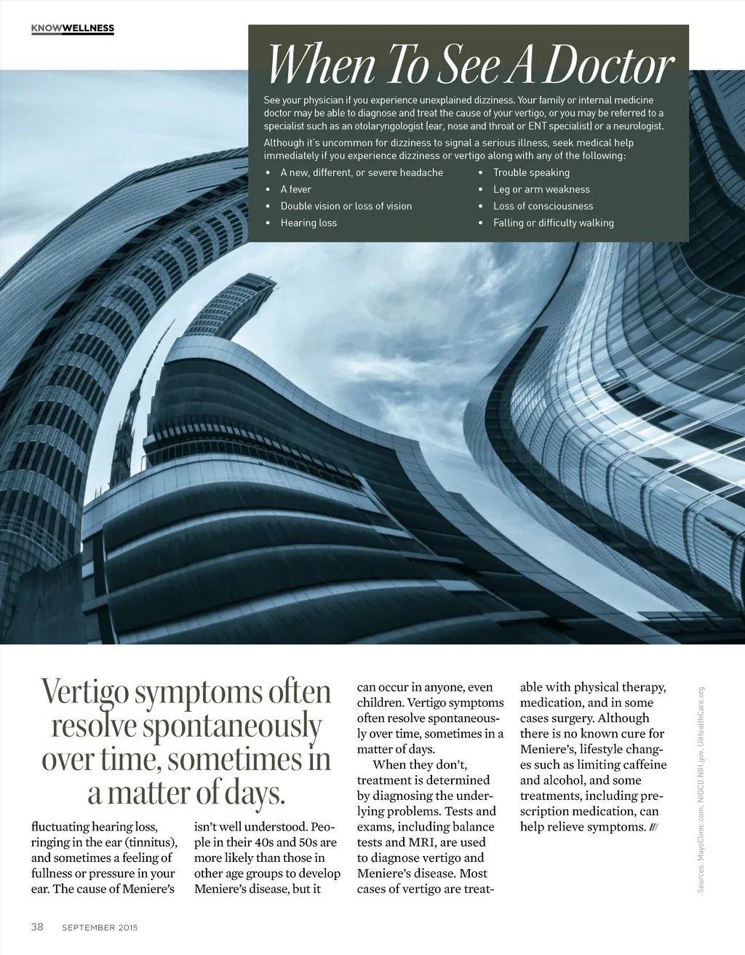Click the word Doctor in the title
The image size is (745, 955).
609,66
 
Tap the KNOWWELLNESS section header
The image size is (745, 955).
73,28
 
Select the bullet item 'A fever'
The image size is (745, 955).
295,189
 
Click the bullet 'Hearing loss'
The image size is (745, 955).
308,223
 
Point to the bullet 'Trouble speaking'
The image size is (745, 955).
531,173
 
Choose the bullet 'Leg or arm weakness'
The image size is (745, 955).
541,189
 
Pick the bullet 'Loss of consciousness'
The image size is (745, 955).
543,206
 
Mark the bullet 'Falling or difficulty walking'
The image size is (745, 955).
553,223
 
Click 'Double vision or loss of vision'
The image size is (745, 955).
346,206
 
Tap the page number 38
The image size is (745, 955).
37,927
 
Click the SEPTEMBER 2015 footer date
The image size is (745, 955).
100,927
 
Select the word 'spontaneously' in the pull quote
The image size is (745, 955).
232,726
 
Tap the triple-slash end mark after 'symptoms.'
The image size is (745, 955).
653,827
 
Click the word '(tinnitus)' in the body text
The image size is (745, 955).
151,842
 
